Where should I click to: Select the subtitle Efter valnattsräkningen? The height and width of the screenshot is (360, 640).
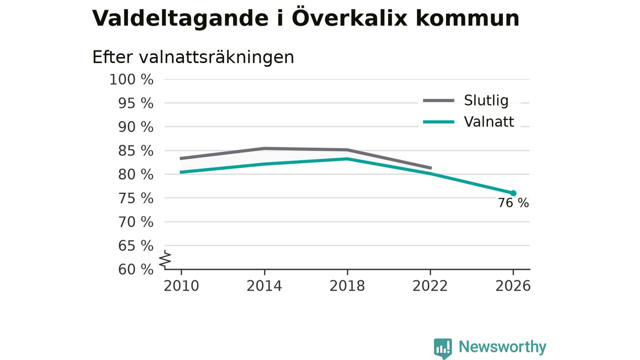point(193,57)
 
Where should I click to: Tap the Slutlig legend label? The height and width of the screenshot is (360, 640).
point(486,100)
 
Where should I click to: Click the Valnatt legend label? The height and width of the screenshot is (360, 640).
point(489,121)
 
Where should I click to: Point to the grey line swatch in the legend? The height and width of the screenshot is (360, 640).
point(438,100)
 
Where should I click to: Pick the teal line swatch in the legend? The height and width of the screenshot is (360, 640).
point(438,122)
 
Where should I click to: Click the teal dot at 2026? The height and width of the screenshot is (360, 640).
point(513,193)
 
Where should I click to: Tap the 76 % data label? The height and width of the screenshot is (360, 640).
point(513,203)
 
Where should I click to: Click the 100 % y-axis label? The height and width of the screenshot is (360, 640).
point(131,79)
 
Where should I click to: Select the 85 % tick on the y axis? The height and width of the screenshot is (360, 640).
point(135,150)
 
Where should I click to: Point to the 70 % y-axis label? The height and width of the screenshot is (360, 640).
point(135,222)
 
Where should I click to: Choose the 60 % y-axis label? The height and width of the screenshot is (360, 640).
point(135,269)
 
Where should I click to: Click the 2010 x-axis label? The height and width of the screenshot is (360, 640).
point(181,286)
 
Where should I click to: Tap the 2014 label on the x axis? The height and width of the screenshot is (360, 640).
point(264,286)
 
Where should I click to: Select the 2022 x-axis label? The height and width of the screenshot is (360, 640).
point(430,286)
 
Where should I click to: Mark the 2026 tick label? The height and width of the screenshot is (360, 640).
point(513,286)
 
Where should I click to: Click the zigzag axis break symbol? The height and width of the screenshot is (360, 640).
point(165,259)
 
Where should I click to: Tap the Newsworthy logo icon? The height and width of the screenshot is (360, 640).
point(443,348)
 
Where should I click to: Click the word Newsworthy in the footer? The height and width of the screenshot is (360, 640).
point(502,346)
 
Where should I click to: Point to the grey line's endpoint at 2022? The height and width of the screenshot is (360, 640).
point(431,168)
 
